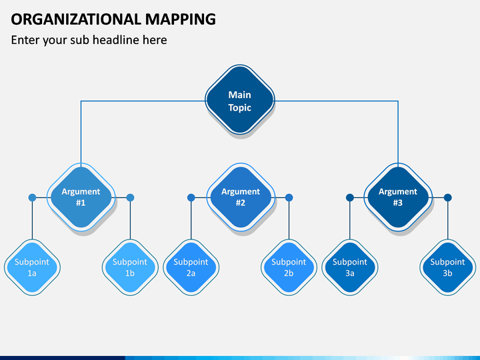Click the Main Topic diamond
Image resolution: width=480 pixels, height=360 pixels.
point(240,99)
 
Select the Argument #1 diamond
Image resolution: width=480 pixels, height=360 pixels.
point(81,197)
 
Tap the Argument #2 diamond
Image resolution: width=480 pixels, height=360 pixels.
point(241,197)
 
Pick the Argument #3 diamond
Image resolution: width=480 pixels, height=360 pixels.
point(398,197)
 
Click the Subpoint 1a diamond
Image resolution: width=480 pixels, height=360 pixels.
point(32,267)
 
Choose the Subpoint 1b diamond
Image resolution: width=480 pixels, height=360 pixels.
point(130,267)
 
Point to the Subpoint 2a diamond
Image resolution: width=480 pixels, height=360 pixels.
point(191,267)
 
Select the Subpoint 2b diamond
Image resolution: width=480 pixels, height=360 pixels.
point(289,267)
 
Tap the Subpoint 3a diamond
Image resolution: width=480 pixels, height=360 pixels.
point(350,267)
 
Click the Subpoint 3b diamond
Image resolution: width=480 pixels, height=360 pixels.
point(448,267)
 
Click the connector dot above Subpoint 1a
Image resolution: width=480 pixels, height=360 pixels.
point(32,197)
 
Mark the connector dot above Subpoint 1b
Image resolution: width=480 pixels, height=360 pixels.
point(130,197)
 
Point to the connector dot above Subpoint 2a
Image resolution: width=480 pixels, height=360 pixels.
point(191,197)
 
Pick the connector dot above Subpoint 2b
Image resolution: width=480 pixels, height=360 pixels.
point(289,197)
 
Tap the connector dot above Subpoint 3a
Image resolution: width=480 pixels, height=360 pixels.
point(350,197)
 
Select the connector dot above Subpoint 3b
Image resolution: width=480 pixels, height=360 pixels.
point(448,197)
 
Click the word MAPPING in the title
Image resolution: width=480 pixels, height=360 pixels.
point(180,19)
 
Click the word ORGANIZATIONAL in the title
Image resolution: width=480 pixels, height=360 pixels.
point(75,19)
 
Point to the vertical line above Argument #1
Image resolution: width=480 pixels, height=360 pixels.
point(81,134)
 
